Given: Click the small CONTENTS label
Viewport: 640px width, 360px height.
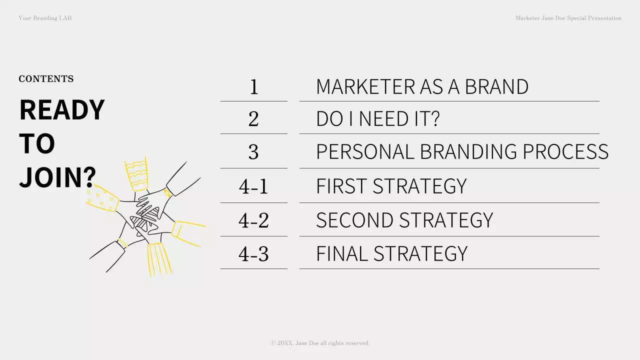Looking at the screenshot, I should (x=46, y=79).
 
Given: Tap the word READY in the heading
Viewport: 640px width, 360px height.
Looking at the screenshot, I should (x=62, y=110).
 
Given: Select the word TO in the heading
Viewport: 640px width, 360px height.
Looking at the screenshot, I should (x=37, y=143).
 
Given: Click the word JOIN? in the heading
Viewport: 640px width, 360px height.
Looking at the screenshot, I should (x=57, y=177).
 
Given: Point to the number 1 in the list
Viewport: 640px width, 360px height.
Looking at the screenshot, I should (x=253, y=87).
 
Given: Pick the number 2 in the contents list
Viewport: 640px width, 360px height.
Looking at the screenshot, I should (x=253, y=119).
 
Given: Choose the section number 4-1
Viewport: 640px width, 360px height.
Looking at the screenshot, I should (x=253, y=186).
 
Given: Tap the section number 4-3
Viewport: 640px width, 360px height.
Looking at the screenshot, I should (x=253, y=253).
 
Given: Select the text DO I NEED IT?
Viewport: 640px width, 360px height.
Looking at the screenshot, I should (x=377, y=119).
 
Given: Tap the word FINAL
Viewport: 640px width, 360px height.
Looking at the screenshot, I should (x=342, y=253).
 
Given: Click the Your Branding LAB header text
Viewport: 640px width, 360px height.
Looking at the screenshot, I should (x=45, y=18).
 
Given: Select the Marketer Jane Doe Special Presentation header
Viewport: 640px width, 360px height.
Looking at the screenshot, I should (x=568, y=18).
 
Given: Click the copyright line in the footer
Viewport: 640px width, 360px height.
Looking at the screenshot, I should (x=320, y=343).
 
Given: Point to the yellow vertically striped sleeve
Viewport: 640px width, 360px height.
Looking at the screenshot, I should (x=159, y=258).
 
